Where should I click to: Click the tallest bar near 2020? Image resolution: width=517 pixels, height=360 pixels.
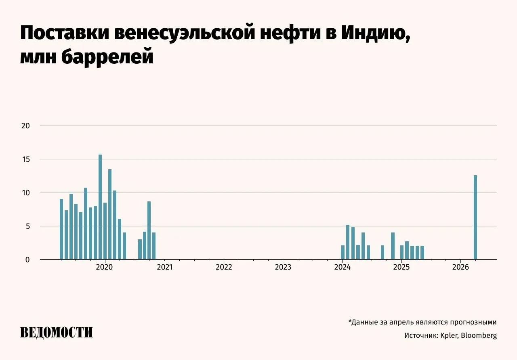(100, 207)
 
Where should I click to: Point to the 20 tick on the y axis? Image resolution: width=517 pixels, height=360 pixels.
(25, 126)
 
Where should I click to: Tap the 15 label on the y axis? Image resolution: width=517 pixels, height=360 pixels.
(25, 159)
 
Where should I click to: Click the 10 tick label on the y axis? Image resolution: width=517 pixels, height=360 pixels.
(25, 193)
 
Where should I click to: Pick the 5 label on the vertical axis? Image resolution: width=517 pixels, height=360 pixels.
(27, 226)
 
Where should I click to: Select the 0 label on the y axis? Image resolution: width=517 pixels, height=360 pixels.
(27, 260)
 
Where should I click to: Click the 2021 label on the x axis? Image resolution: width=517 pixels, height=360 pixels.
(164, 267)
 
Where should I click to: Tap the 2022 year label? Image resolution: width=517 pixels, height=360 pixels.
(224, 267)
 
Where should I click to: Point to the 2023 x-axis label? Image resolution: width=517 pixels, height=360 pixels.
(283, 267)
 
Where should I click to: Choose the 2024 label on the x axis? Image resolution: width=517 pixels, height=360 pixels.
(342, 267)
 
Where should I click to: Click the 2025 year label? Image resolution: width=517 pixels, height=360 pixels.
(401, 267)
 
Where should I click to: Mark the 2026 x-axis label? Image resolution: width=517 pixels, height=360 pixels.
(460, 267)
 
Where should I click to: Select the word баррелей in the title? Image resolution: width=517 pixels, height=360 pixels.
(107, 57)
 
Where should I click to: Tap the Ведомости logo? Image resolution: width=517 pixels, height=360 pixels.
(57, 332)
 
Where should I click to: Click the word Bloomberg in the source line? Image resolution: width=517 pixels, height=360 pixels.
(479, 335)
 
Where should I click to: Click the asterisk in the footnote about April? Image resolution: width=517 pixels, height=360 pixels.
(350, 321)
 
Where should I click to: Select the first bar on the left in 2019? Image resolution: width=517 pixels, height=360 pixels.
(61, 229)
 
